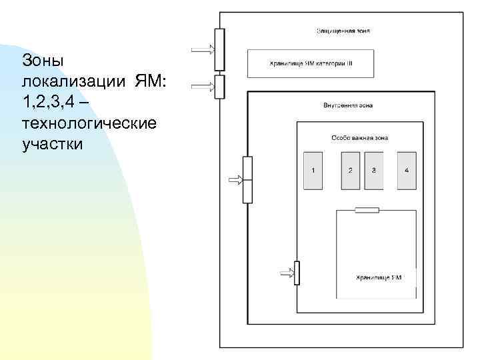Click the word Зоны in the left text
tap(43, 60)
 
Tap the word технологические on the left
tap(89, 123)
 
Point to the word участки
tap(53, 144)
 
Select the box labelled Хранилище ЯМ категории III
tap(311, 63)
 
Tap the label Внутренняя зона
tap(347, 105)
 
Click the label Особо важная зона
tap(359, 138)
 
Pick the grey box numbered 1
tap(313, 170)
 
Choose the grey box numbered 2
tap(351, 170)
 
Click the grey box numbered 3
tap(373, 170)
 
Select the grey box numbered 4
tap(407, 170)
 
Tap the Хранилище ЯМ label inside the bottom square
tap(378, 277)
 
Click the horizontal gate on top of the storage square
tap(367, 210)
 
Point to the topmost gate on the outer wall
tap(219, 49)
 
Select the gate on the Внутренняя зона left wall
tap(247, 179)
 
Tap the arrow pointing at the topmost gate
tap(203, 49)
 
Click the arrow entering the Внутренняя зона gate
tap(235, 179)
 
